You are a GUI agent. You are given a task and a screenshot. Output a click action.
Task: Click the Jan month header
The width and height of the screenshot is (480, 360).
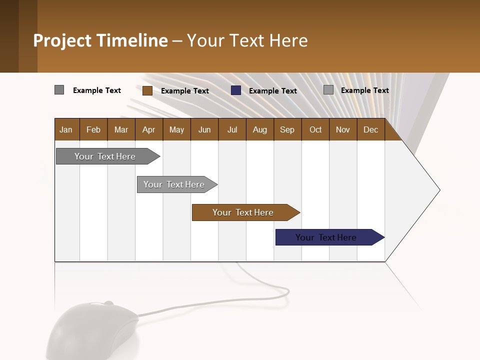66,129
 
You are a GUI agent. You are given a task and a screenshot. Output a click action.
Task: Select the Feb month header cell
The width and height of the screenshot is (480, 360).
93,129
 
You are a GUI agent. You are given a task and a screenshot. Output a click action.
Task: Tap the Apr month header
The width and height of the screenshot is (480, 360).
149,129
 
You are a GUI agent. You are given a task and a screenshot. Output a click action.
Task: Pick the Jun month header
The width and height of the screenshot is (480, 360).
204,129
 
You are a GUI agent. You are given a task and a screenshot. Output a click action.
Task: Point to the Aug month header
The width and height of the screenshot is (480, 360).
260,129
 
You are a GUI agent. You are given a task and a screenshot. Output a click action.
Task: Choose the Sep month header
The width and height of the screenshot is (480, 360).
287,129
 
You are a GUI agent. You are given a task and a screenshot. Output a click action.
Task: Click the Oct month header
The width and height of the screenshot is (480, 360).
315,129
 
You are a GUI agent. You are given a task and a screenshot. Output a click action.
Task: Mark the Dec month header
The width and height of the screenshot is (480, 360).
371,129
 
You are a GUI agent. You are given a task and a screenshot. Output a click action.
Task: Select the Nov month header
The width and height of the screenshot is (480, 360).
343,129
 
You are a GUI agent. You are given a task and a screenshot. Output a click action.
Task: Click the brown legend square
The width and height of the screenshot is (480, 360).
147,90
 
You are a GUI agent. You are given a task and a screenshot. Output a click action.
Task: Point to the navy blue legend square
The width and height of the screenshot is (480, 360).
236,90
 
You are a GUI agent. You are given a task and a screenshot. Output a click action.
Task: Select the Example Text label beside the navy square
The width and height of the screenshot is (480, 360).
273,91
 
